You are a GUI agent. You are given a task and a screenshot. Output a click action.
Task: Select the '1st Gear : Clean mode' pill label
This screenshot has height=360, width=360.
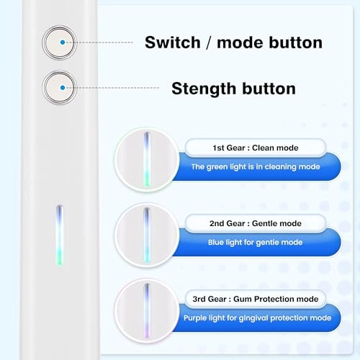coord(245,148)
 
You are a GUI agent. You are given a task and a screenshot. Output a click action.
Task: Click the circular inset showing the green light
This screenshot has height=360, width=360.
coord(146,159)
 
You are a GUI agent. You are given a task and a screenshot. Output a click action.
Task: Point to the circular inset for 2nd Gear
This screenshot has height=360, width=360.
coord(146,235)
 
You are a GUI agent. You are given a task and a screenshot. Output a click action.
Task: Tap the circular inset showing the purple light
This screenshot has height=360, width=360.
coord(146,310)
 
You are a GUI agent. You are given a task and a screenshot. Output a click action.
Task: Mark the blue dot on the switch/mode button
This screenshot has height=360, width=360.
coord(63,42)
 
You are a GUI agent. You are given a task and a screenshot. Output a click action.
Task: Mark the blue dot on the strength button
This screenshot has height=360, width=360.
coord(63,87)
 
